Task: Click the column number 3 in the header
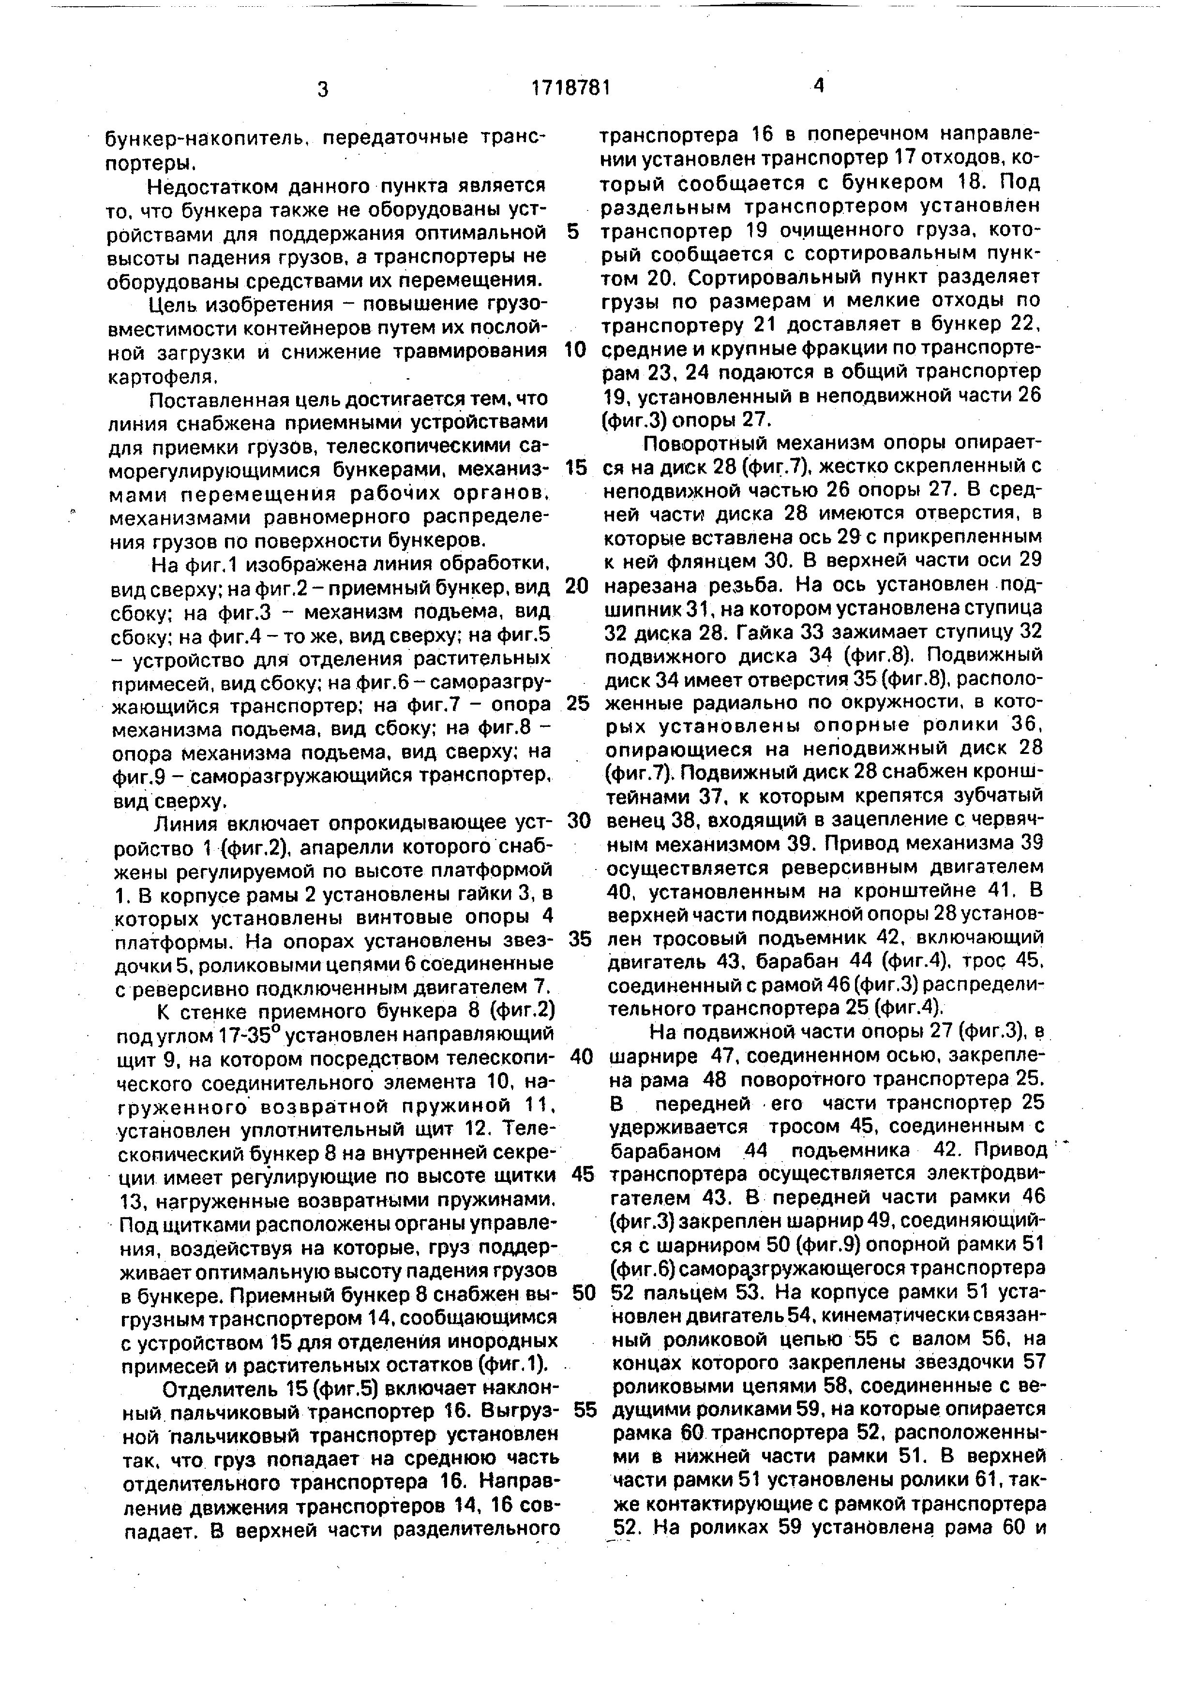(x=322, y=90)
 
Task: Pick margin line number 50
(x=584, y=1293)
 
